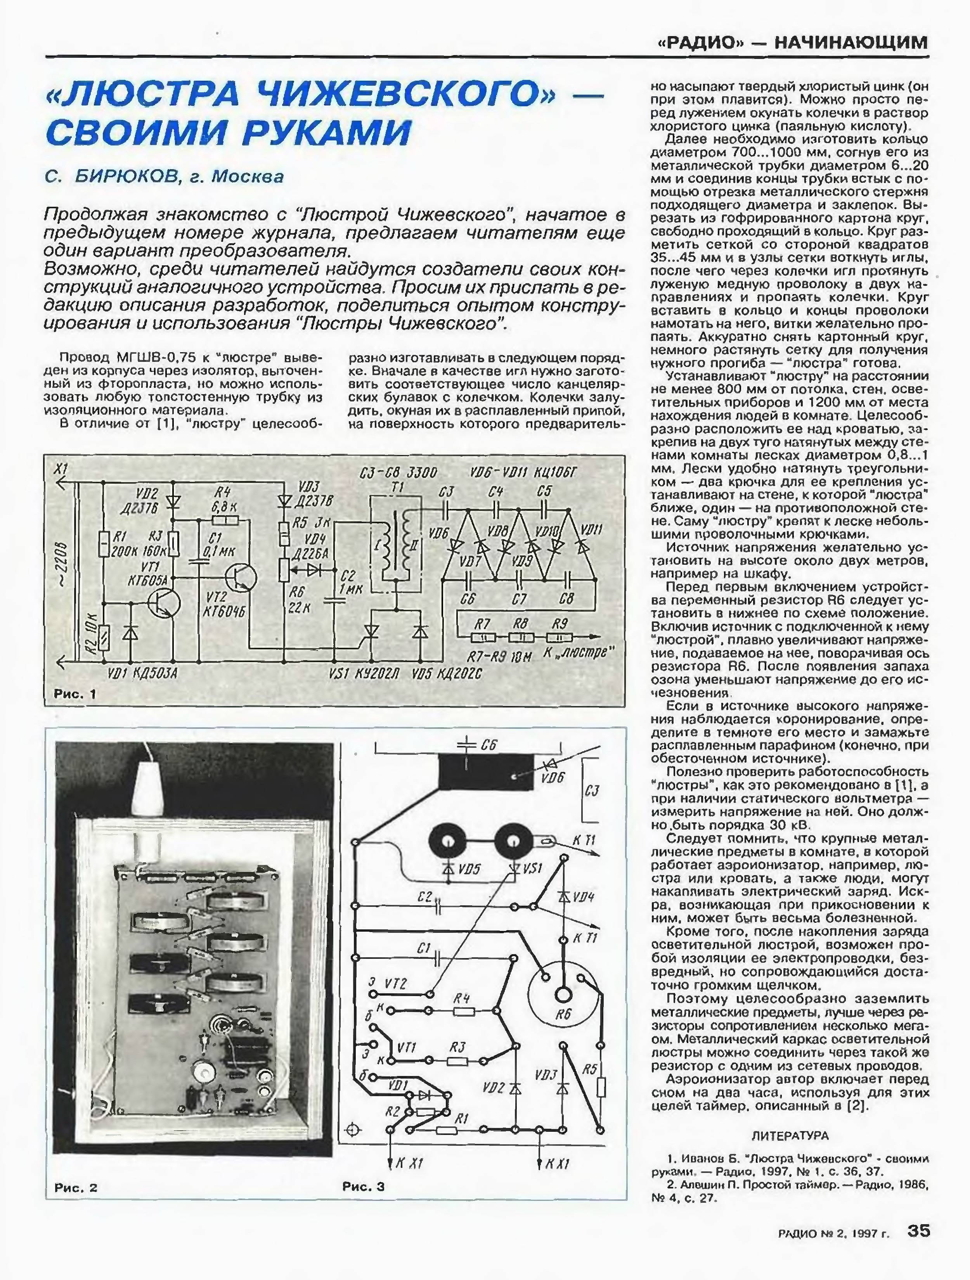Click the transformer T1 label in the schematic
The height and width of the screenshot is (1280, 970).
point(398,488)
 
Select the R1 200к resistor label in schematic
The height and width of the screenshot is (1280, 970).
point(118,544)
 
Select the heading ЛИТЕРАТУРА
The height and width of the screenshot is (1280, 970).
point(790,1135)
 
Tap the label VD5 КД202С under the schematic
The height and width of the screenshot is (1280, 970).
point(447,674)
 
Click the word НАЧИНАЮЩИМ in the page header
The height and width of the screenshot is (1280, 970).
point(851,43)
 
